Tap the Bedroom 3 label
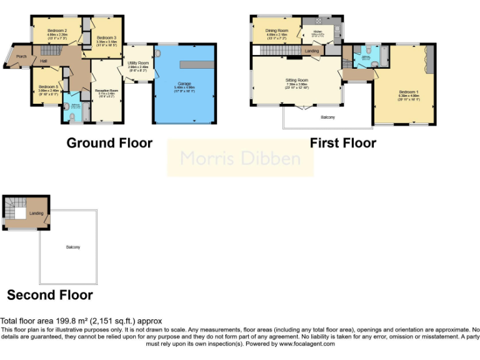pyautogui.click(x=106, y=38)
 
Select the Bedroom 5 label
pyautogui.click(x=48, y=87)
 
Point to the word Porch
pyautogui.click(x=21, y=57)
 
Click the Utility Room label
pyautogui.click(x=138, y=64)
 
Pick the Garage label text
pyautogui.click(x=184, y=83)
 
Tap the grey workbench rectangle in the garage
pyautogui.click(x=197, y=64)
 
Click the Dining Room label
pyautogui.click(x=276, y=31)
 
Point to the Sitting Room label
pyautogui.click(x=297, y=81)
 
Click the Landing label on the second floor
pyautogui.click(x=36, y=214)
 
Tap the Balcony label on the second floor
pyautogui.click(x=73, y=247)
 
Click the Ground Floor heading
pyautogui.click(x=109, y=143)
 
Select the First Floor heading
pyautogui.click(x=343, y=143)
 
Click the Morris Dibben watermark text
pyautogui.click(x=240, y=158)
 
